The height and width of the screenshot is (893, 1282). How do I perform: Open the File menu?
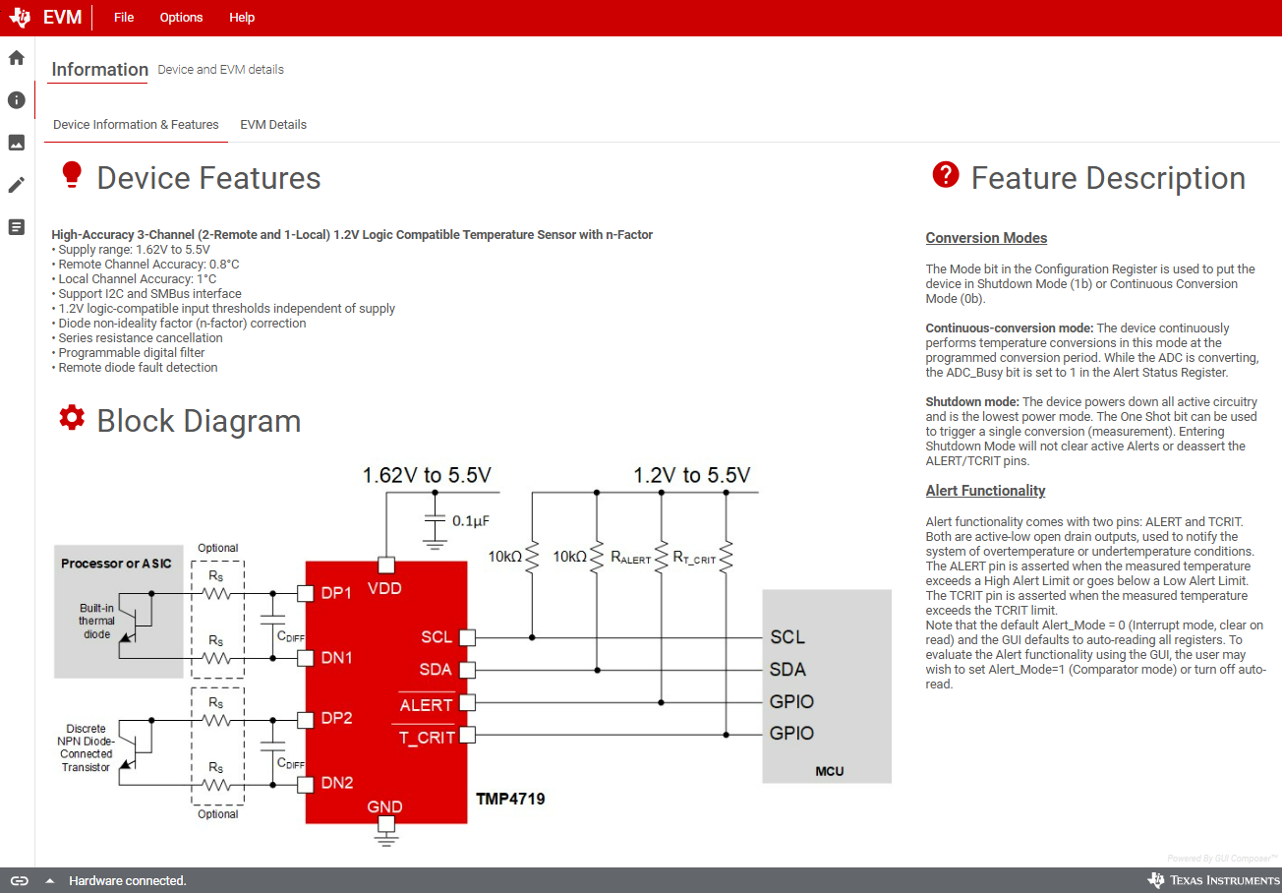click(x=124, y=18)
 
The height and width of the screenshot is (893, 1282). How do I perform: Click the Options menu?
click(x=181, y=18)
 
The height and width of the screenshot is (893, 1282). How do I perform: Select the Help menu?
click(x=242, y=18)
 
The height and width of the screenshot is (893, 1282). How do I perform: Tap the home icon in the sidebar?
click(x=17, y=58)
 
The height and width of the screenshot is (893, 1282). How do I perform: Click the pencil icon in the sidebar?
click(x=17, y=185)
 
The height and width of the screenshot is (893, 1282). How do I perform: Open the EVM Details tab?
click(x=273, y=125)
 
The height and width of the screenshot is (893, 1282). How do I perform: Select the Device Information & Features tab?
click(x=136, y=125)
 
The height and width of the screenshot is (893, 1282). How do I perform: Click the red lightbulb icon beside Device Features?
click(x=71, y=175)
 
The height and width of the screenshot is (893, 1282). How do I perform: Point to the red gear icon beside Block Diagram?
click(x=72, y=417)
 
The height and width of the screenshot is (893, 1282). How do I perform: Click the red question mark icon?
click(x=945, y=175)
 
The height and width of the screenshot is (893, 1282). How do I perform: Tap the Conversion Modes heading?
click(x=986, y=238)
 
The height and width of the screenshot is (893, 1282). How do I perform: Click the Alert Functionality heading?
click(x=985, y=491)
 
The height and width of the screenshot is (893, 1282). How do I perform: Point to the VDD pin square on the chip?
click(x=386, y=566)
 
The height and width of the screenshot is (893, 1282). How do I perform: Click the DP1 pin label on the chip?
click(x=336, y=594)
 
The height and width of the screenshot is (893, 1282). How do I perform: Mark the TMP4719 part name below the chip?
click(x=510, y=799)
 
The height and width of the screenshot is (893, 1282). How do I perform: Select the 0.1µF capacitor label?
click(x=472, y=521)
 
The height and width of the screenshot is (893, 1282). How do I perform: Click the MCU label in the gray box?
click(x=830, y=771)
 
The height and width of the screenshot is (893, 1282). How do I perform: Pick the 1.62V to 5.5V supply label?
click(x=427, y=476)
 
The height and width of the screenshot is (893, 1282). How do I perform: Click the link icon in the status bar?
click(x=20, y=880)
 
